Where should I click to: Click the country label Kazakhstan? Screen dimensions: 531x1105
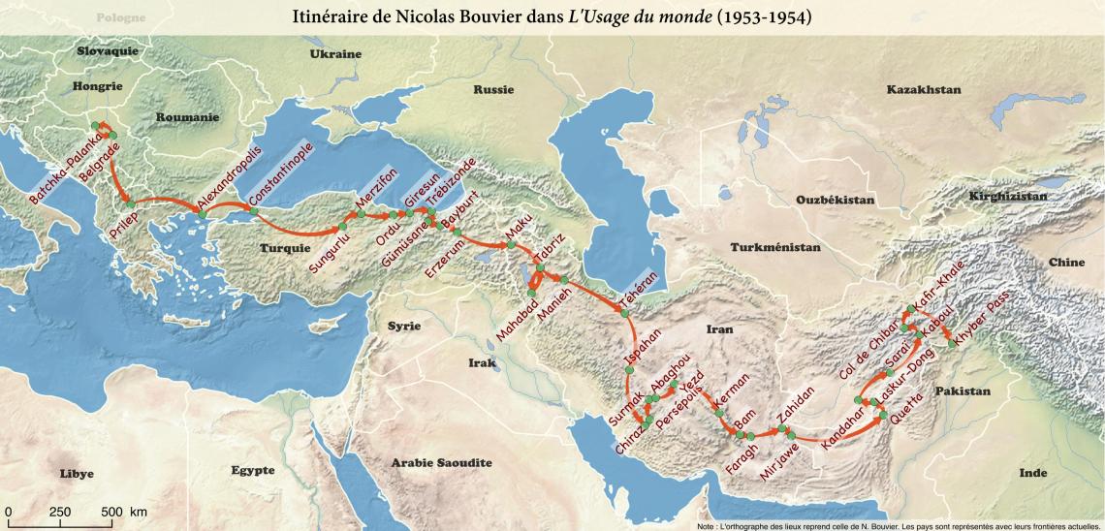click(x=923, y=90)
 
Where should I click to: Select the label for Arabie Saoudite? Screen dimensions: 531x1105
click(x=441, y=463)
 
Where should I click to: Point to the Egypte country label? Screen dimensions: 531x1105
click(x=253, y=471)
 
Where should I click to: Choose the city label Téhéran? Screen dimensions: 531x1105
click(x=638, y=290)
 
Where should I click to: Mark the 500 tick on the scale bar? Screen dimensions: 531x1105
click(x=110, y=512)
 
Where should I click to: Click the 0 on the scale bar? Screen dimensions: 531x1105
click(x=7, y=512)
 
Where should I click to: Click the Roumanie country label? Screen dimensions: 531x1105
click(x=183, y=116)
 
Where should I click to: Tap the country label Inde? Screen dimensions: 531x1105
click(x=1033, y=473)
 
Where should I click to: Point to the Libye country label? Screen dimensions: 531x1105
click(x=77, y=474)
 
